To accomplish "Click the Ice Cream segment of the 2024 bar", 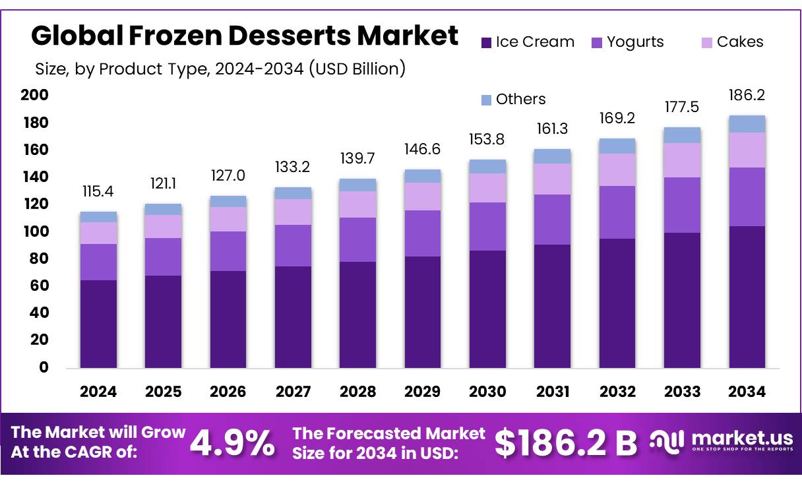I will [98, 323].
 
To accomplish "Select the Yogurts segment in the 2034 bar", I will [747, 197].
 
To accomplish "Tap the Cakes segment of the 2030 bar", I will [487, 188].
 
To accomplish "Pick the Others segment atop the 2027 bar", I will [293, 193].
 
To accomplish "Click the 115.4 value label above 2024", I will [98, 192].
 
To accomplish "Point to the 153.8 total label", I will [487, 140].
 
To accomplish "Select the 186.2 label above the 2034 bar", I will [747, 96].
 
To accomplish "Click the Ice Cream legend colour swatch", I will [486, 43].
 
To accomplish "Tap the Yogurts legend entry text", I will [635, 42].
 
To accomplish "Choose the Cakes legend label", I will [740, 42].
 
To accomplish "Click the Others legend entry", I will [520, 100].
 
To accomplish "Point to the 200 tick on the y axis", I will [35, 96].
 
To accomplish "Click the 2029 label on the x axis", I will [422, 392].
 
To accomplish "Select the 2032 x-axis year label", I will [617, 392].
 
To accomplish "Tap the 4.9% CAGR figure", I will [232, 443].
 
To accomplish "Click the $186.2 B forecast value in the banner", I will [566, 443].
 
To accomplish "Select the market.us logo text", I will [743, 439].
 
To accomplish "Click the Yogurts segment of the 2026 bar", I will [228, 251].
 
